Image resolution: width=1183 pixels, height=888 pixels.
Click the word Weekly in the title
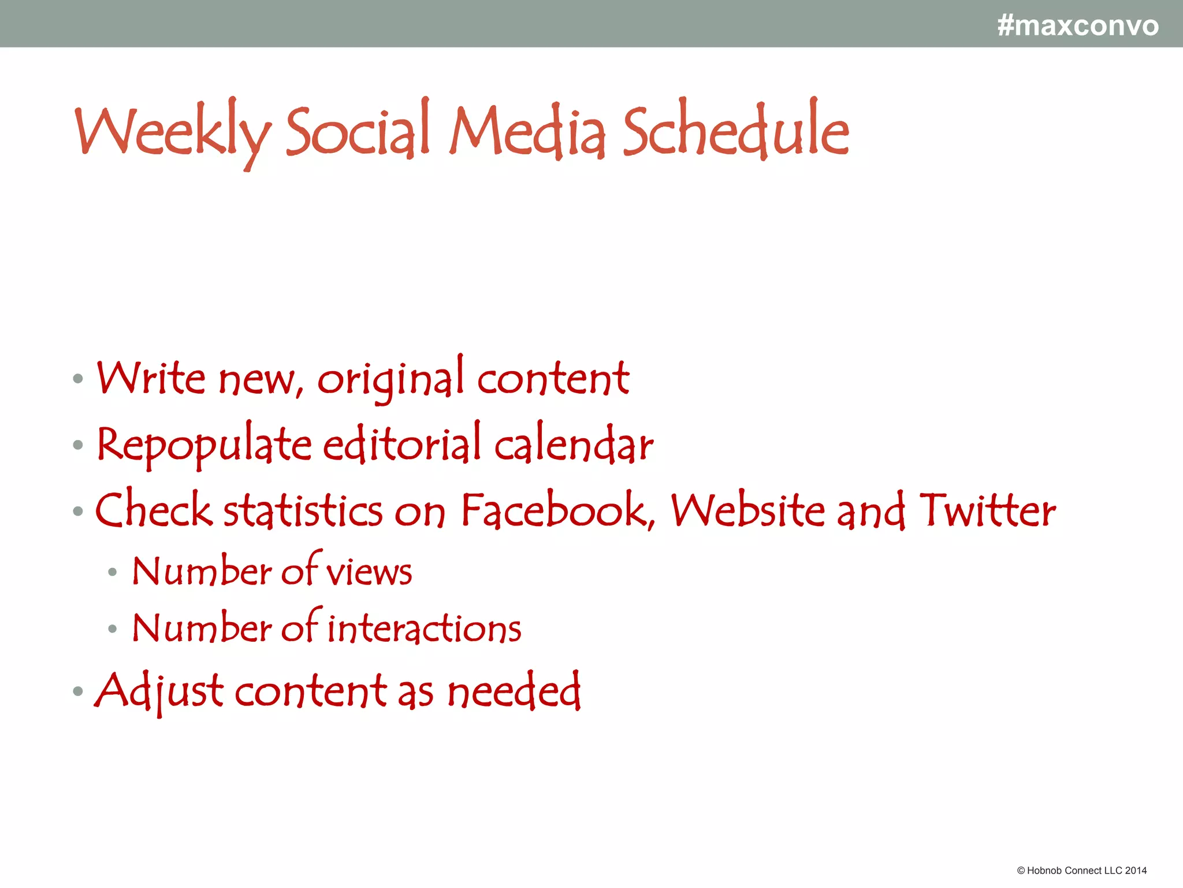tap(172, 132)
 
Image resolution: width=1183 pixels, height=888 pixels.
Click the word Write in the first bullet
tap(151, 378)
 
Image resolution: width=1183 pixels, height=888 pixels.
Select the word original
tap(390, 379)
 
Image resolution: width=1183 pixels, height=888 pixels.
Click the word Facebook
tap(558, 510)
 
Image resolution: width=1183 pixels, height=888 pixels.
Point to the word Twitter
tap(987, 510)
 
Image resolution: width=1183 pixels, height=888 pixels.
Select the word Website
tap(748, 510)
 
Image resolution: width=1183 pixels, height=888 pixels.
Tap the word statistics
tap(303, 510)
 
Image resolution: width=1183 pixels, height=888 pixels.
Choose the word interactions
tap(425, 628)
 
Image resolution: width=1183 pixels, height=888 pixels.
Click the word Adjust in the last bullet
tap(159, 691)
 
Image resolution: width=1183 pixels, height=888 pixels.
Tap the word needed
tap(514, 691)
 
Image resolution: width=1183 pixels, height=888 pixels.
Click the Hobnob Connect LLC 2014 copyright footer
tap(1081, 871)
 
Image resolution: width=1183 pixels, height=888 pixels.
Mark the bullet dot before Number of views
tap(113, 572)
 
